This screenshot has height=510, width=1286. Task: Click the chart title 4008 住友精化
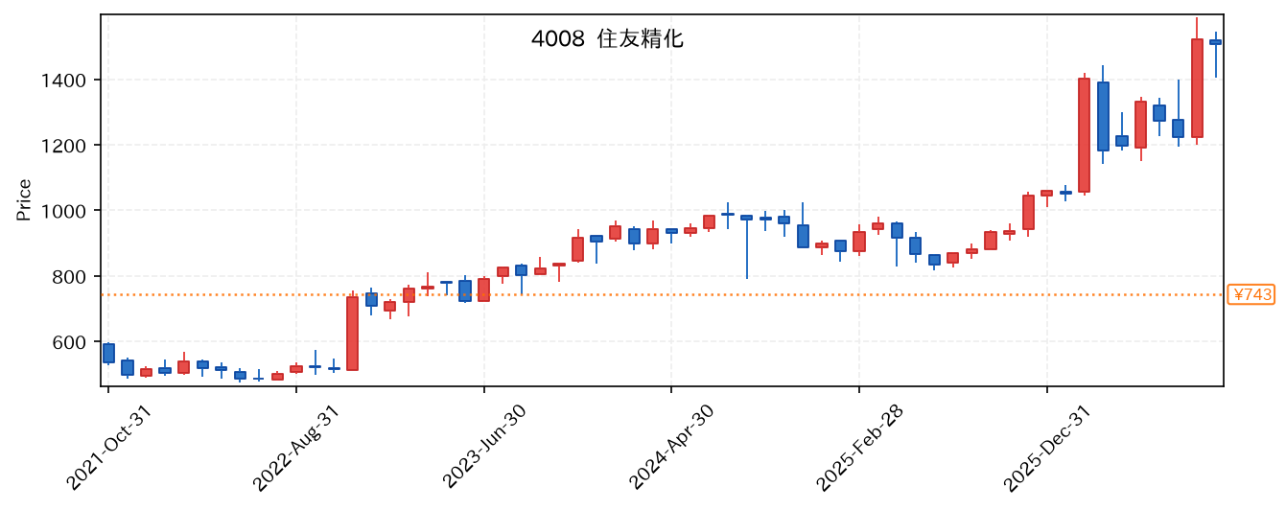(607, 39)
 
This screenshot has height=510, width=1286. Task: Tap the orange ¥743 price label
(1251, 295)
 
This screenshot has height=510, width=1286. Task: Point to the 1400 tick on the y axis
(63, 81)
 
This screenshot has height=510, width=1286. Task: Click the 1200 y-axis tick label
(63, 146)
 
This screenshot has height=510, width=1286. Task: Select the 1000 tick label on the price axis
(63, 211)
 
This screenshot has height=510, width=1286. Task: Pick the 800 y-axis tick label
(69, 276)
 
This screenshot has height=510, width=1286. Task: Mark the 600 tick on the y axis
(69, 342)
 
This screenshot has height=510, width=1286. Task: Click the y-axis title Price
(24, 199)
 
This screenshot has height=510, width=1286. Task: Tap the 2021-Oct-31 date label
(108, 448)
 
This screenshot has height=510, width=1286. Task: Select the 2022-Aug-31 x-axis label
(296, 448)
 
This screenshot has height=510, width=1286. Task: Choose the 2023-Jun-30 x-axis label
(484, 447)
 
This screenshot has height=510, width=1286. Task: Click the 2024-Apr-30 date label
(671, 447)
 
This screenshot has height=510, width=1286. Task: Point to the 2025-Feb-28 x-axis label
(859, 448)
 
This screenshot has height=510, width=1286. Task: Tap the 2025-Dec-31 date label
(1047, 448)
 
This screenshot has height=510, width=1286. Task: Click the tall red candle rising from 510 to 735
(353, 334)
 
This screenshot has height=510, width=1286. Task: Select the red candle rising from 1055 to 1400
(1084, 135)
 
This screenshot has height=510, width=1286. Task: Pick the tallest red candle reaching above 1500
(1197, 88)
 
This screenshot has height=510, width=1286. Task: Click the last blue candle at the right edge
(1215, 42)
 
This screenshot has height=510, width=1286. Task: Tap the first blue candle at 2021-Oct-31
(108, 354)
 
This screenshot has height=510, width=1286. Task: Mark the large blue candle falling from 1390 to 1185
(1103, 116)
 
